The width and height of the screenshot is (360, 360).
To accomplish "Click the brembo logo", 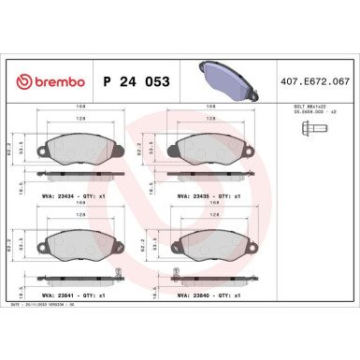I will click(x=58, y=81).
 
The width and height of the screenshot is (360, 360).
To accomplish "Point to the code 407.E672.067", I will click(x=321, y=81).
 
